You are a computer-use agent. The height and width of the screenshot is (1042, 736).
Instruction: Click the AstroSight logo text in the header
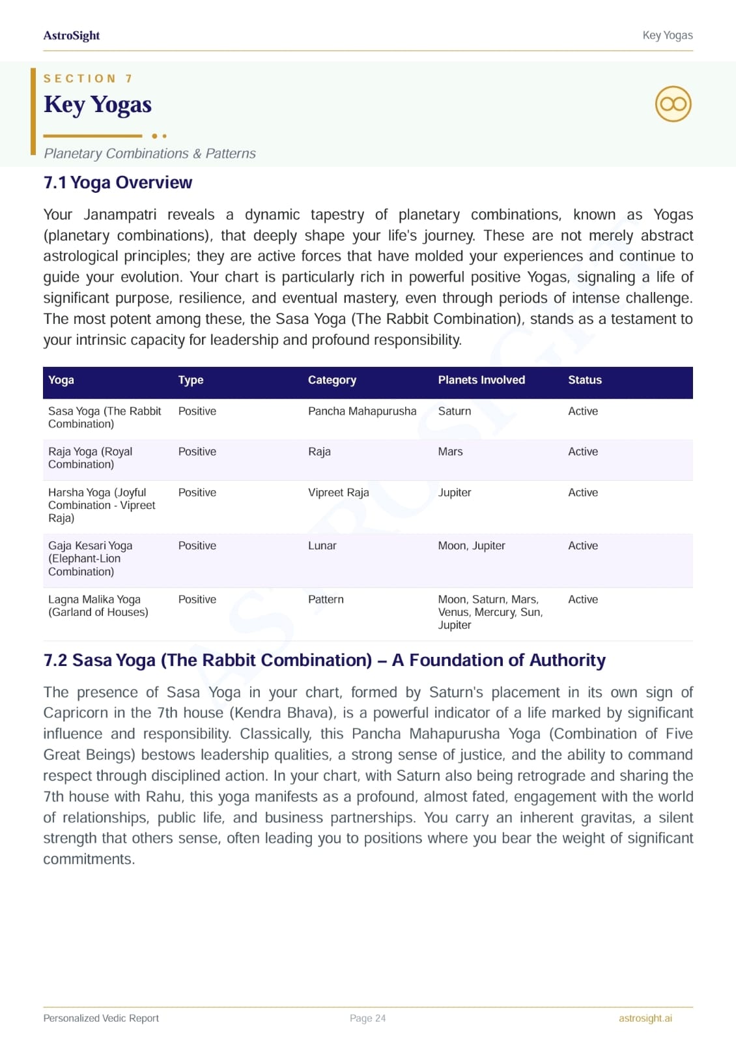click(x=72, y=36)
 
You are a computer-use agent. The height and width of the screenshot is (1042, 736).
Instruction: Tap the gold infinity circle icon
click(x=673, y=104)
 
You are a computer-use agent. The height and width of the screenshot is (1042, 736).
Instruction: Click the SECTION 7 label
click(x=88, y=79)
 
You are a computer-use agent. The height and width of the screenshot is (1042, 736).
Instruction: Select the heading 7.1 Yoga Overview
click(x=118, y=182)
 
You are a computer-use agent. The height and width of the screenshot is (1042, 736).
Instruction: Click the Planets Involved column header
click(x=481, y=380)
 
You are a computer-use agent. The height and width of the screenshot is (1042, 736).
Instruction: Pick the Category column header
click(x=332, y=380)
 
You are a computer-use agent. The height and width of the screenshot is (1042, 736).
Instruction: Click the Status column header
click(x=585, y=380)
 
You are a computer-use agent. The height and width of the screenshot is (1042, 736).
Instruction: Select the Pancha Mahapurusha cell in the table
click(x=362, y=411)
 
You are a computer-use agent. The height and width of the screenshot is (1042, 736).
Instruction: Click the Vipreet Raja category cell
click(x=339, y=493)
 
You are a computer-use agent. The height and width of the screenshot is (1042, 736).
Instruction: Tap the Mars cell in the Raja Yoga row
click(x=451, y=452)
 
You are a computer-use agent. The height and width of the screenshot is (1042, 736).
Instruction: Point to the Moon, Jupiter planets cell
click(x=472, y=545)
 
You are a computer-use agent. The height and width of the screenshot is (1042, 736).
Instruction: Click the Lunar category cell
click(x=322, y=545)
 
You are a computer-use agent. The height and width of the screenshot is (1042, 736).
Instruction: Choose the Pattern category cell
click(x=326, y=600)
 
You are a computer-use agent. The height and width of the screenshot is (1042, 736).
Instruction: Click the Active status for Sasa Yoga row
click(x=583, y=411)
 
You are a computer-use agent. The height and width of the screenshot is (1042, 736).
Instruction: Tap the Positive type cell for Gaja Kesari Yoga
click(x=197, y=545)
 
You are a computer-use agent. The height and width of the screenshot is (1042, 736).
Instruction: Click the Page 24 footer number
click(x=368, y=1018)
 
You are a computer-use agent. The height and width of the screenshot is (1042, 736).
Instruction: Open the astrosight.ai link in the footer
click(x=645, y=1018)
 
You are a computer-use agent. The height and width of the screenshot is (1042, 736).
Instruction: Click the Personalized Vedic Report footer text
click(x=101, y=1018)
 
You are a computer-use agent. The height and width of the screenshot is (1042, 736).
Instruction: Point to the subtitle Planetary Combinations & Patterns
click(x=150, y=154)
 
